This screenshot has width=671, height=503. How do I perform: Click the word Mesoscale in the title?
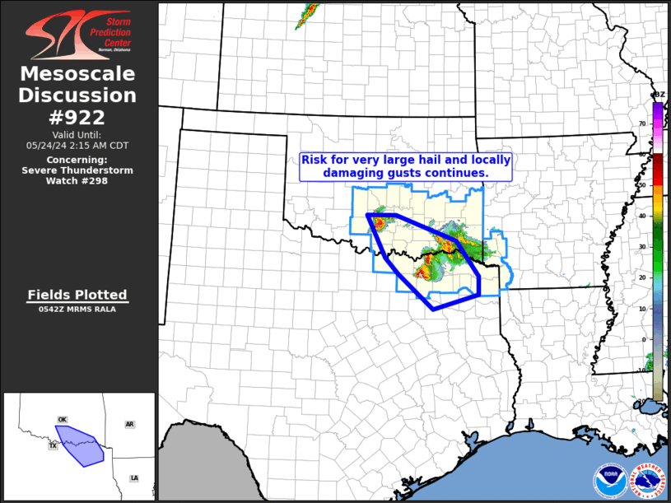[x=77, y=74]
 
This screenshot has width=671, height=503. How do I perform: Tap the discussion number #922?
[x=78, y=117]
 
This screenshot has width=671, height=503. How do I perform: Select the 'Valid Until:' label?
[x=77, y=134]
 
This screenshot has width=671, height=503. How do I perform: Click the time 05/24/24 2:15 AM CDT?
[x=77, y=145]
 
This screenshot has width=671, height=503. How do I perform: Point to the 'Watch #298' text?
[x=78, y=181]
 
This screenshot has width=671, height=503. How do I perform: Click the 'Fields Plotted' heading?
[x=77, y=295]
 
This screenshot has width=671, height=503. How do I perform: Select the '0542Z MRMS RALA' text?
[x=77, y=310]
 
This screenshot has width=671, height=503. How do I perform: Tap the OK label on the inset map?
[x=62, y=420]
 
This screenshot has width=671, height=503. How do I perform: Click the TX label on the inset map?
[x=53, y=445]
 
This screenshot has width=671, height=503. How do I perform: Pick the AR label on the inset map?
[x=129, y=424]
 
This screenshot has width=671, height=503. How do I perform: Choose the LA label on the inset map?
[x=134, y=478]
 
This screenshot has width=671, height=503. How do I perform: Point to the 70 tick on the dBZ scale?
[x=642, y=123]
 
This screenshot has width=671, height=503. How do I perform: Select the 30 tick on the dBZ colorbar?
[x=642, y=247]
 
